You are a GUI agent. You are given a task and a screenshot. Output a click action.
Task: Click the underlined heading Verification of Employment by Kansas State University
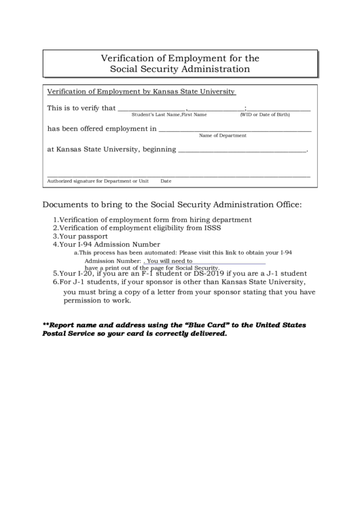141,91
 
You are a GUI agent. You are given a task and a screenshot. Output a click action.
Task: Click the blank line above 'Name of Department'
234,129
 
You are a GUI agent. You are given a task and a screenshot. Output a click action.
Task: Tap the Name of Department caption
222,136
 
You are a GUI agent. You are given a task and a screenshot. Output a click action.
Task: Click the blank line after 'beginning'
241,150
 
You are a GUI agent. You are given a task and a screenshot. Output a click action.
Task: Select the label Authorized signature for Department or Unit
97,181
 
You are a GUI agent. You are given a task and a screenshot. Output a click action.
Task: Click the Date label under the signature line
166,181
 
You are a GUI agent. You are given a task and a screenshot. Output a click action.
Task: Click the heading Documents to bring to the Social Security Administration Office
172,204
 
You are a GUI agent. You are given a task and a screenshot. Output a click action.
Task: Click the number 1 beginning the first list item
55,220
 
